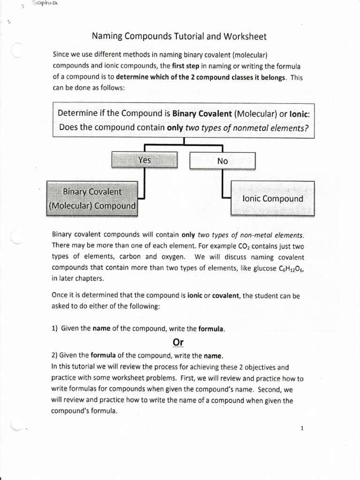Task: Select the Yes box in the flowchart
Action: tap(144, 160)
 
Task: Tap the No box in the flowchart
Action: tap(222, 161)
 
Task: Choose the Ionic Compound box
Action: tap(272, 199)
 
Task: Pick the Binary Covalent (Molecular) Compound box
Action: tap(92, 199)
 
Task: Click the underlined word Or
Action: tap(178, 343)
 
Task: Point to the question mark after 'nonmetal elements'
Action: tap(307, 127)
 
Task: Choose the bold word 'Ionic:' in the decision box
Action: tap(300, 113)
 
